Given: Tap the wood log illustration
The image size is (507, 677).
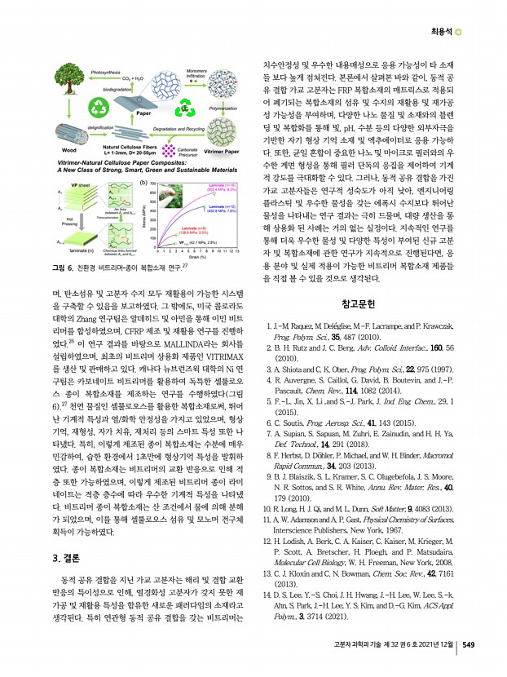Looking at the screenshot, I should point(68,136).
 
